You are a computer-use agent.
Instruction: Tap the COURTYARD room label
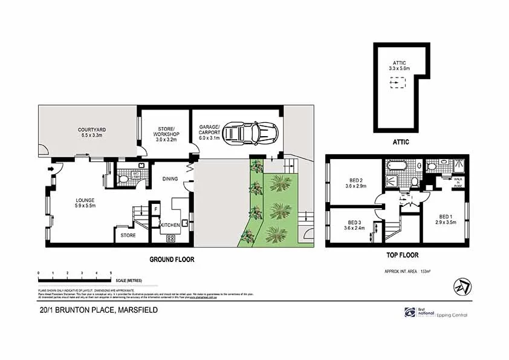tap(92, 133)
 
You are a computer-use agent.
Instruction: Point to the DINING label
tap(170, 178)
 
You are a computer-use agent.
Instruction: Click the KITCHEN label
tap(169, 225)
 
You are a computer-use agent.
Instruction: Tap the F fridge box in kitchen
tap(155, 209)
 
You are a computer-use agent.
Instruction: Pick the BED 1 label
tap(446, 218)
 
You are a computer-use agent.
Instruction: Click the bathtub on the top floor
tap(397, 164)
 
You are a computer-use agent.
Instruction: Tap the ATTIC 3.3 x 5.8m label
tap(400, 65)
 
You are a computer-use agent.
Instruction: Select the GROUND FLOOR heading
tap(172, 259)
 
